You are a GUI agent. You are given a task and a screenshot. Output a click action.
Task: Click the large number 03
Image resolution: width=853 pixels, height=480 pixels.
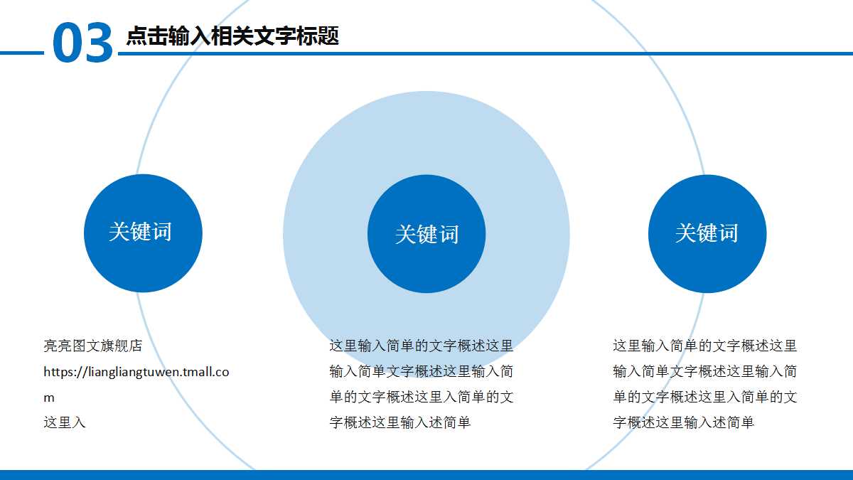click(x=82, y=42)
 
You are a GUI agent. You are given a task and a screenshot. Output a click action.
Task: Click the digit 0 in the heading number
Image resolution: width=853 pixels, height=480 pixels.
click(x=67, y=42)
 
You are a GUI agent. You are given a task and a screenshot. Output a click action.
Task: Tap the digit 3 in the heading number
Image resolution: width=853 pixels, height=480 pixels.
click(x=99, y=42)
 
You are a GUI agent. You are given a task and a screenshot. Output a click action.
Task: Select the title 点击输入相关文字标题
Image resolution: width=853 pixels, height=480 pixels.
click(x=232, y=36)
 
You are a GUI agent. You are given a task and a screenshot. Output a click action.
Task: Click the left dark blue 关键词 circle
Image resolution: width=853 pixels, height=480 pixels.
click(x=143, y=233)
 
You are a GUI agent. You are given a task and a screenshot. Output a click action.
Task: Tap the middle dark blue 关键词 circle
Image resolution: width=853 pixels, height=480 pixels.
click(x=426, y=234)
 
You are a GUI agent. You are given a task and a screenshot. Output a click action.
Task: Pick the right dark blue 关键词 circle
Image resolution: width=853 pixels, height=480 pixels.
click(x=707, y=234)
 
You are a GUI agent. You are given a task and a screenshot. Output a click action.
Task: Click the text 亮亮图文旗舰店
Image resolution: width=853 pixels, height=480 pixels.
click(x=93, y=346)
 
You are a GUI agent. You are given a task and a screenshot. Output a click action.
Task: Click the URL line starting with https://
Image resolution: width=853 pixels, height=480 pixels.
click(x=136, y=372)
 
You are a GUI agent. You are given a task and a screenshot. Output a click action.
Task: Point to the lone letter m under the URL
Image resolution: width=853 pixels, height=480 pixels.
click(x=49, y=398)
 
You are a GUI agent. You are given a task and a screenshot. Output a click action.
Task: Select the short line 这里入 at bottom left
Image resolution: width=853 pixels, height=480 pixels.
click(x=65, y=422)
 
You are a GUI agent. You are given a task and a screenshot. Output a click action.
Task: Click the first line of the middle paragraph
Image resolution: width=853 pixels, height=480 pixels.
click(x=422, y=346)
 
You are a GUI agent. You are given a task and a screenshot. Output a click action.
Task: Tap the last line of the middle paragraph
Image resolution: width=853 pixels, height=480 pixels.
click(x=400, y=422)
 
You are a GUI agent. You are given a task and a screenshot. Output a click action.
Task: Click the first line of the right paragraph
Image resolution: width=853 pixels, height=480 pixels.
click(x=705, y=346)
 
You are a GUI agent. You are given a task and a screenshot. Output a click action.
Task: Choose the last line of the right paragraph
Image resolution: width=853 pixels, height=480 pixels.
click(x=684, y=422)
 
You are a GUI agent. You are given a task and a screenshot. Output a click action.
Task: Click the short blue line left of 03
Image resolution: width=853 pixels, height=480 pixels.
click(x=22, y=53)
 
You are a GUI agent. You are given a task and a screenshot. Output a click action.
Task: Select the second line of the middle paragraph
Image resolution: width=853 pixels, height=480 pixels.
click(x=422, y=371)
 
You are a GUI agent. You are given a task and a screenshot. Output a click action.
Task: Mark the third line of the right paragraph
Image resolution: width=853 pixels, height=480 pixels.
click(x=705, y=397)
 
